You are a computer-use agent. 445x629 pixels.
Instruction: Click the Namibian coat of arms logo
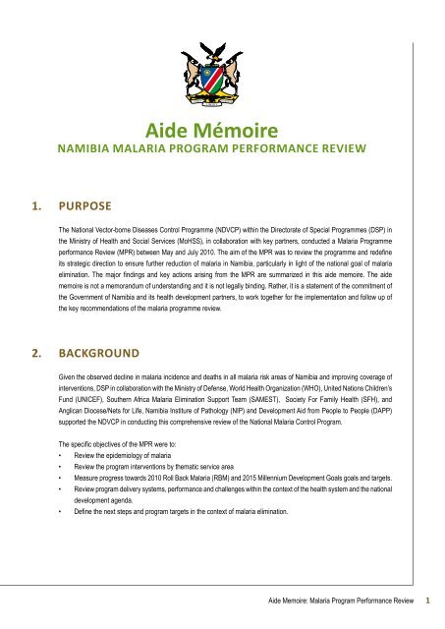coord(223,57)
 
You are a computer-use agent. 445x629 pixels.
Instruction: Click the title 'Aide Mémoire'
coord(223,130)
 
